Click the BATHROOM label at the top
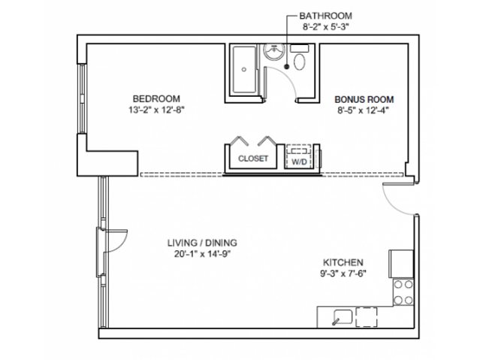(325, 15)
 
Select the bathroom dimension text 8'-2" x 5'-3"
(326, 27)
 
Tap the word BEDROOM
(156, 99)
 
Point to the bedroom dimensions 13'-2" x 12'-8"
(156, 110)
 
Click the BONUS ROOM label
(364, 99)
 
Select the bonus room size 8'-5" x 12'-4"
(364, 110)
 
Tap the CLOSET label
(253, 159)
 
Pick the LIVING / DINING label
(201, 243)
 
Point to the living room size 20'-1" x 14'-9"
(201, 254)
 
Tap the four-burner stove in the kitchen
(402, 292)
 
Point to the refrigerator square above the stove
(400, 264)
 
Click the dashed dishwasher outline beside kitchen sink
(367, 316)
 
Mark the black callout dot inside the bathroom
(286, 66)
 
